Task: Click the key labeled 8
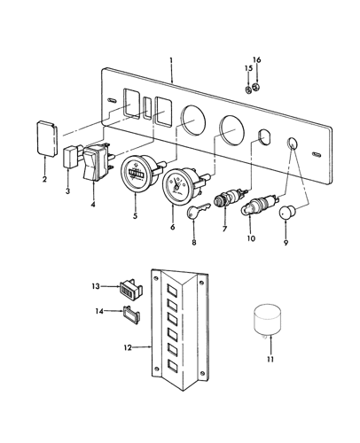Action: click(x=198, y=209)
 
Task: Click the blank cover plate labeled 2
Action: click(x=46, y=138)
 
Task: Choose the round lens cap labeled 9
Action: click(x=286, y=213)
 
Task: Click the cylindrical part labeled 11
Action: click(x=267, y=322)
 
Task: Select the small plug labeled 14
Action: click(x=131, y=315)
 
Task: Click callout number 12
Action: click(x=128, y=347)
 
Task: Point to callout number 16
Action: click(x=257, y=60)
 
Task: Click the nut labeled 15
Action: click(x=248, y=89)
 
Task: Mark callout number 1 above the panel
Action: click(x=171, y=60)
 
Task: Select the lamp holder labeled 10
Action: click(x=260, y=206)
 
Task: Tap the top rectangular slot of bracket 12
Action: click(x=172, y=289)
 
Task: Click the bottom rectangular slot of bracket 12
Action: click(x=172, y=365)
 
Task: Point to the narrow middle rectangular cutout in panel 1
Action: click(x=147, y=108)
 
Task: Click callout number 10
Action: click(x=251, y=238)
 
